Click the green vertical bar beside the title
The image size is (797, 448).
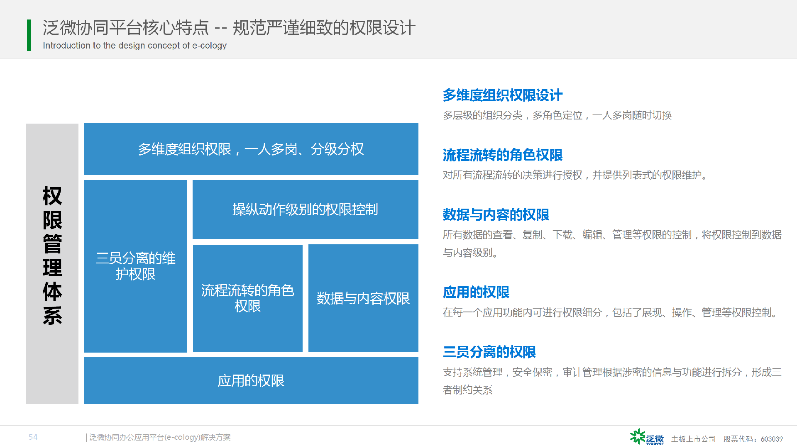pyautogui.click(x=29, y=35)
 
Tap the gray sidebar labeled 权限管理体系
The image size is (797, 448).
pyautogui.click(x=52, y=264)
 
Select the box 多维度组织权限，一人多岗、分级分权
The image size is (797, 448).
pyautogui.click(x=251, y=149)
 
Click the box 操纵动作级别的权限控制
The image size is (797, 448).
pyautogui.click(x=306, y=209)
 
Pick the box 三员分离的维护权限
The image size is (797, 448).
pyautogui.click(x=135, y=266)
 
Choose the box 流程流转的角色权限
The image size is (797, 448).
pyautogui.click(x=248, y=298)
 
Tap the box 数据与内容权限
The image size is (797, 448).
pyautogui.click(x=363, y=298)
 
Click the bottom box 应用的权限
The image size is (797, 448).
pyautogui.click(x=251, y=380)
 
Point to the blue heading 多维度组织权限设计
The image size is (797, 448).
pyautogui.click(x=502, y=95)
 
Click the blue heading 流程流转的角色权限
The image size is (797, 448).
pyautogui.click(x=502, y=155)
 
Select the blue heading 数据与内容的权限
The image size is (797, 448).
pyautogui.click(x=496, y=215)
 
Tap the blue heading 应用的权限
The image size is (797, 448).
pyautogui.click(x=476, y=292)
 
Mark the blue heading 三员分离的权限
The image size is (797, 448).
pyautogui.click(x=489, y=352)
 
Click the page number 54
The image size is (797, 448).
pyautogui.click(x=33, y=437)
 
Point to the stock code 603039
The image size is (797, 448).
pyautogui.click(x=772, y=439)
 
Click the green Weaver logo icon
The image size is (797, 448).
pyautogui.click(x=638, y=437)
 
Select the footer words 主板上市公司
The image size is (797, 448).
pyautogui.click(x=694, y=439)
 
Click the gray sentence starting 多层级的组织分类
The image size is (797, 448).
pyautogui.click(x=557, y=115)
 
